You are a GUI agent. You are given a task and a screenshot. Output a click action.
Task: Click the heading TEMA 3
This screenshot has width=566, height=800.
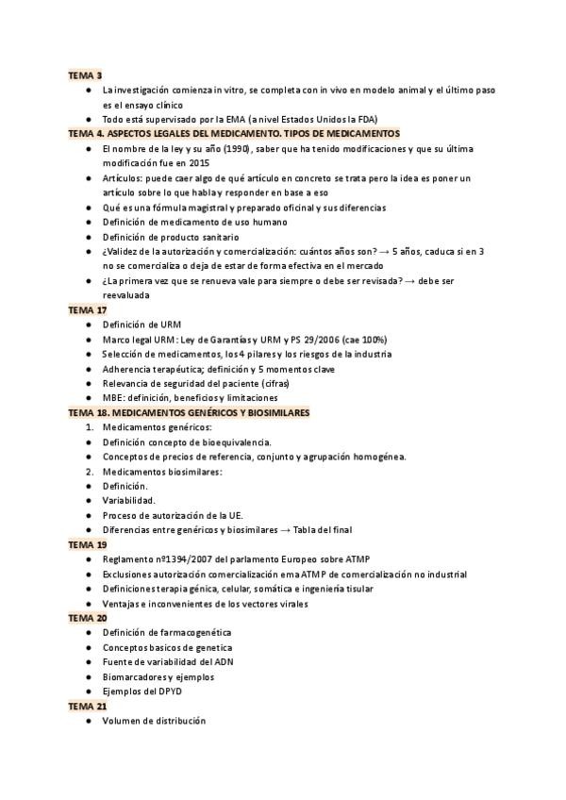click(85, 75)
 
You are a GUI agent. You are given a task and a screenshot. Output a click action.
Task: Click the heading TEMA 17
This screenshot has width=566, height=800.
click(88, 309)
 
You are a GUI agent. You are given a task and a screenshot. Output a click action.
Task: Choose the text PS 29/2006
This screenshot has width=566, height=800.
click(320, 339)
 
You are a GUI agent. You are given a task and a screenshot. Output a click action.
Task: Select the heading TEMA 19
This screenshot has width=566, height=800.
click(88, 544)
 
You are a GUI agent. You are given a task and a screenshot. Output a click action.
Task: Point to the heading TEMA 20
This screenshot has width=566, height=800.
click(88, 618)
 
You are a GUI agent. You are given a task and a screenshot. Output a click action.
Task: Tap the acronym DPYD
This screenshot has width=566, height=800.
click(166, 691)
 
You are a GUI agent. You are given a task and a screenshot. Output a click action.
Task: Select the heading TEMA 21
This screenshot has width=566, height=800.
click(88, 706)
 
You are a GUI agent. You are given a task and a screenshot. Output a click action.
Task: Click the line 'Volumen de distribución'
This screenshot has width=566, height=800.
click(154, 721)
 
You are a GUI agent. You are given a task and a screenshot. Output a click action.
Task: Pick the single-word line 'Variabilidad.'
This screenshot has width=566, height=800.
click(129, 500)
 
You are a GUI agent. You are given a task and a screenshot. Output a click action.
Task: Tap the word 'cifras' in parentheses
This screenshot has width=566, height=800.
click(273, 383)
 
